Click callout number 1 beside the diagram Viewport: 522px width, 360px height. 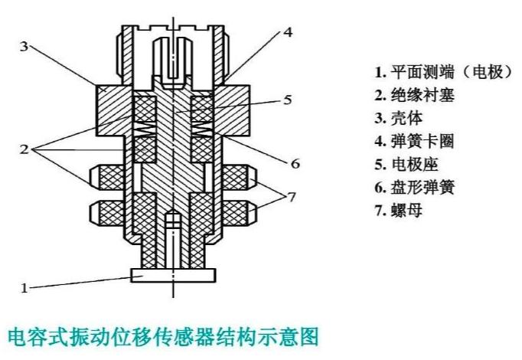click(24, 288)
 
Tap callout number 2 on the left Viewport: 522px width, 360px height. click(24, 149)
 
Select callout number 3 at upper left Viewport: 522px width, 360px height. click(24, 46)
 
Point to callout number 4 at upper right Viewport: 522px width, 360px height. click(288, 32)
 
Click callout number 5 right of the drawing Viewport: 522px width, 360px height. click(288, 100)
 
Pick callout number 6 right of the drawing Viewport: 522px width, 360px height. click(295, 163)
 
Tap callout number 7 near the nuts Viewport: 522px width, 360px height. click(292, 197)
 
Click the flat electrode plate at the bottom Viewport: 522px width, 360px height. click(173, 276)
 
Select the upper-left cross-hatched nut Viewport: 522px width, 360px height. click(106, 178)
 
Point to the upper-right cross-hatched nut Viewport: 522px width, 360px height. click(240, 178)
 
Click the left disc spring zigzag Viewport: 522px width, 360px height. click(145, 129)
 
